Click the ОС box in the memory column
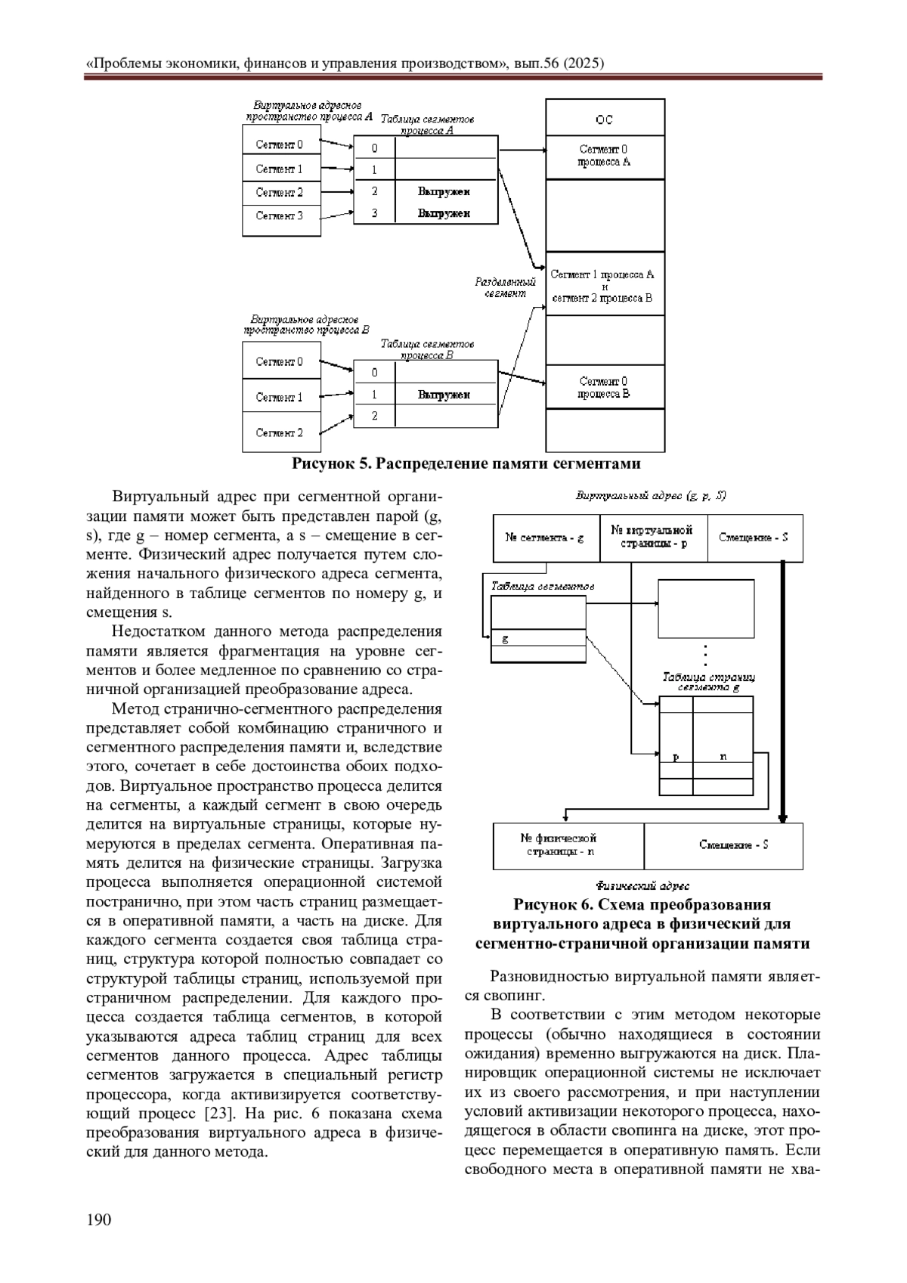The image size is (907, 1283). coord(605,119)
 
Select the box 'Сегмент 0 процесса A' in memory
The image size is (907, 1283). coord(605,157)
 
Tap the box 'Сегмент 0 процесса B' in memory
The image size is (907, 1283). coord(605,387)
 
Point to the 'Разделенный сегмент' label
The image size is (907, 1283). coord(505,287)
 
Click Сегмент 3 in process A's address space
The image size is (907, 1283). coord(280,216)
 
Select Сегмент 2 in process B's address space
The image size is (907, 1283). coord(280,433)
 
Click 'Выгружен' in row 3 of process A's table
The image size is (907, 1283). coord(444,213)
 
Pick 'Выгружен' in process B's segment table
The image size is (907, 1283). coord(444,395)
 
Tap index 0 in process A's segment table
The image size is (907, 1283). coord(374,148)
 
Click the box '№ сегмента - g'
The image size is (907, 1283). coord(545,538)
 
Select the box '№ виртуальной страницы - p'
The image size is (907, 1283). coord(652,537)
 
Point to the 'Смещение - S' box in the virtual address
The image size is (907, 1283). coord(754,538)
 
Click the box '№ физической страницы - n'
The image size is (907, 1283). coord(559,844)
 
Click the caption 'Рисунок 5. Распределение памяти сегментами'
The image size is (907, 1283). coord(466,463)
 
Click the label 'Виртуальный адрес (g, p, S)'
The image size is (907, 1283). coord(652,496)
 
